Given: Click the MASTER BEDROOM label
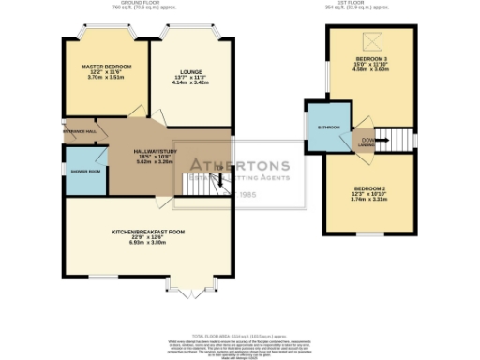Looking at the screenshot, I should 105,67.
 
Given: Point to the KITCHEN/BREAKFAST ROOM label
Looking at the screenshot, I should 148,231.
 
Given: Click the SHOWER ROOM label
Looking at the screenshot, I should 82,172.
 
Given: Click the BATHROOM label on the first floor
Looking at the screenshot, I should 328,127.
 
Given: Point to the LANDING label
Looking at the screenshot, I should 367,144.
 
